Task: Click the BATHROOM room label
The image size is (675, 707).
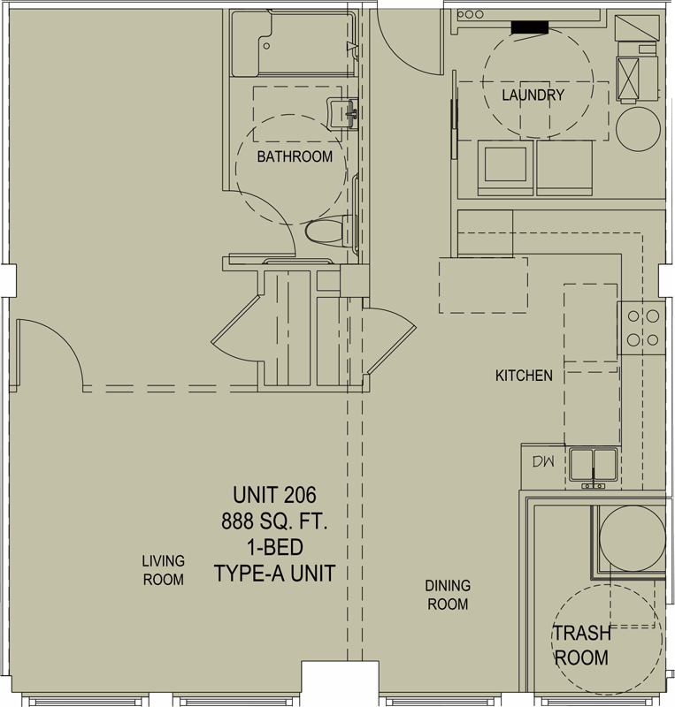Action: coord(295,156)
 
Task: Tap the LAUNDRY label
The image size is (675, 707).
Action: coord(533,95)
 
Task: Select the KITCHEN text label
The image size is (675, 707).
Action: coord(524,376)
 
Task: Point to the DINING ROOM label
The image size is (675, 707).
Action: coord(448,595)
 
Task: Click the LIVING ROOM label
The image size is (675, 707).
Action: coord(163,570)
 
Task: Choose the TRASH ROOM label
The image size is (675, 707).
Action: coord(581,645)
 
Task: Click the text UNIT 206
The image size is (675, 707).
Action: coord(274,495)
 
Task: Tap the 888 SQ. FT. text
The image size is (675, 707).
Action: coord(274,521)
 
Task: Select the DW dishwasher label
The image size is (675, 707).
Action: coord(542,461)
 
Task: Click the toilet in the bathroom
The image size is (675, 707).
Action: coord(329,232)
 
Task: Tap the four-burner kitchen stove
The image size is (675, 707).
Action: coord(641,328)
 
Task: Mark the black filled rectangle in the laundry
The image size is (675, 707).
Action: coord(530,27)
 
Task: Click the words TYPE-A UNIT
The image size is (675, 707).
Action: coord(274,574)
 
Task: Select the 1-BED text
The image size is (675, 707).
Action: coord(274,547)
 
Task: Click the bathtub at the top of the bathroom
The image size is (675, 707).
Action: coord(292,43)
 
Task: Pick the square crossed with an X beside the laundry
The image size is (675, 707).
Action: coord(628,77)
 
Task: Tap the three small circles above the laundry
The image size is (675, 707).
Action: coord(470,14)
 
